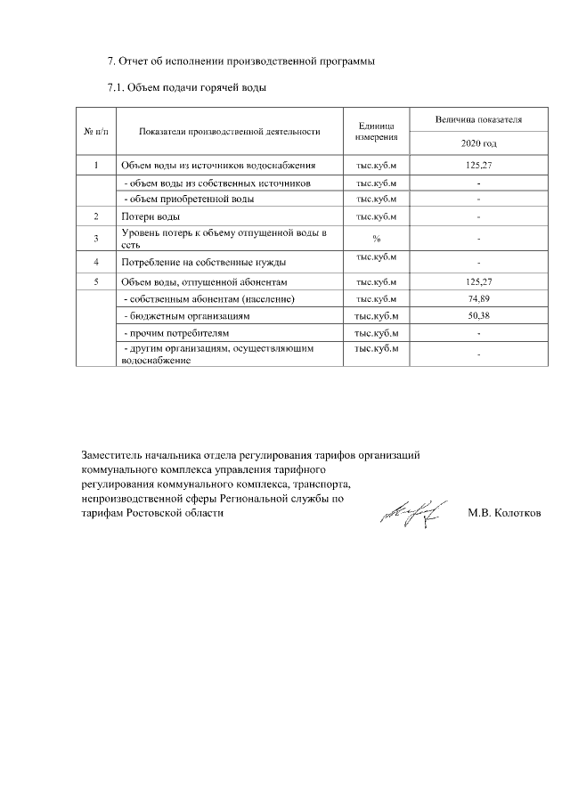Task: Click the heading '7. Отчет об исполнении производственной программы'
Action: pos(240,61)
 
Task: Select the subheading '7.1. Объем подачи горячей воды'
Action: pos(187,88)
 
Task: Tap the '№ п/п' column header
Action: pos(95,132)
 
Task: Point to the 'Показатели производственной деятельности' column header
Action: pos(229,132)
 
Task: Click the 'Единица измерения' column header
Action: pos(377,132)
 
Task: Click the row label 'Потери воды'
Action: pos(151,216)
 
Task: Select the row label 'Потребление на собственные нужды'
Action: pos(203,263)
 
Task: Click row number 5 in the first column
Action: pos(95,282)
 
